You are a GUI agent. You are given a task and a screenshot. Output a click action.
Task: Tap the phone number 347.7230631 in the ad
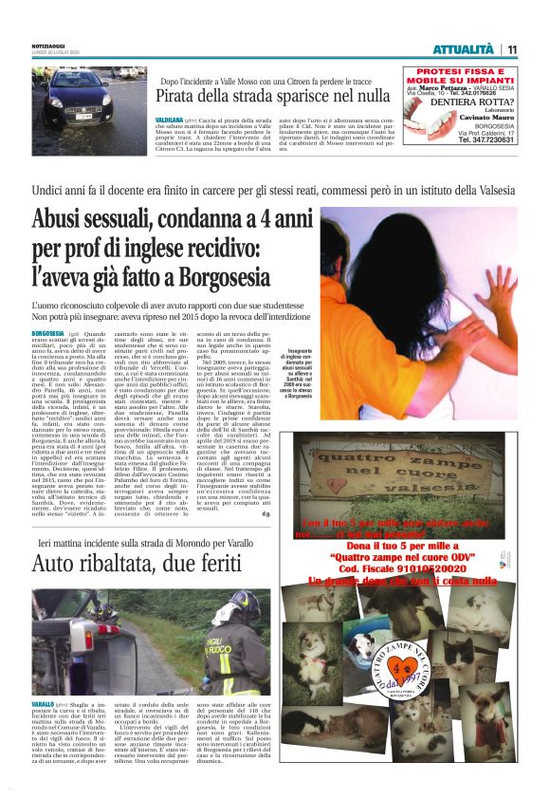(487, 139)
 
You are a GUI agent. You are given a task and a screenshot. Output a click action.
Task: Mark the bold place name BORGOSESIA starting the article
(48, 335)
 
